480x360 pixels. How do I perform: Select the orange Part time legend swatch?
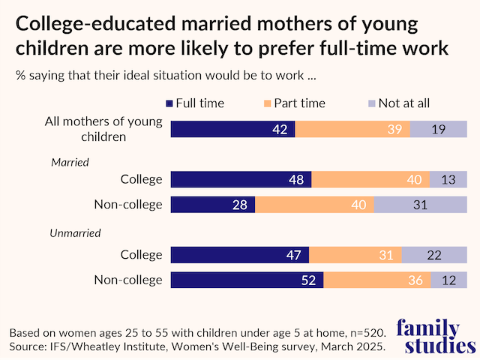pos(268,104)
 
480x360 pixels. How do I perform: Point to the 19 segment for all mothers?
pos(439,128)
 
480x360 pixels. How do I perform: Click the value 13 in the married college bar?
pos(448,179)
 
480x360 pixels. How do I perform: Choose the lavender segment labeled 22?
pos(433,255)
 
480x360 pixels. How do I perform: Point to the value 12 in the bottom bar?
pos(448,280)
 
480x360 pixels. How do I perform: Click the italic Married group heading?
pos(70,161)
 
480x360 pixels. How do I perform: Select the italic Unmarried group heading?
pos(75,233)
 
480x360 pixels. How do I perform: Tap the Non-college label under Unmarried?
pos(127,280)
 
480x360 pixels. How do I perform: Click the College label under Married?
pos(141,179)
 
